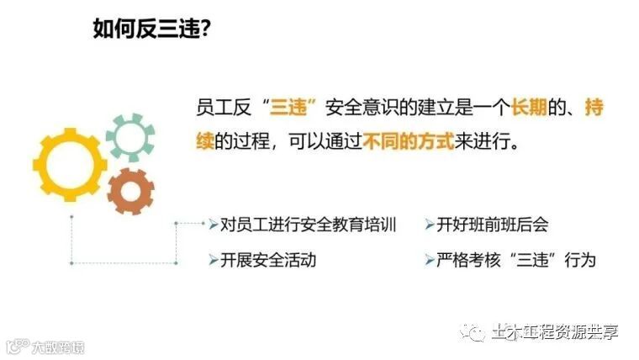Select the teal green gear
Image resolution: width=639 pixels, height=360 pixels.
129,137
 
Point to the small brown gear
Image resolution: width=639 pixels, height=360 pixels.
130,190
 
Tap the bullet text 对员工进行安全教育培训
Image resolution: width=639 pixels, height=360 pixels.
308,225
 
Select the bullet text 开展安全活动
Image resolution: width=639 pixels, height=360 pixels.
268,260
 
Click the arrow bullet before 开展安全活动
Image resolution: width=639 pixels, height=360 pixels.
213,260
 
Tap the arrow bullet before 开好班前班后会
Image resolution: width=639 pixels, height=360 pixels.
430,225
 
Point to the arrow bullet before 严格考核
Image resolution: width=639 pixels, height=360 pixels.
430,260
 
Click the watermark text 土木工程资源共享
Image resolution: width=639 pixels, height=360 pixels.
555,331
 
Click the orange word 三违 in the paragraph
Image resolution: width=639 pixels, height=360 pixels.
288,108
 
